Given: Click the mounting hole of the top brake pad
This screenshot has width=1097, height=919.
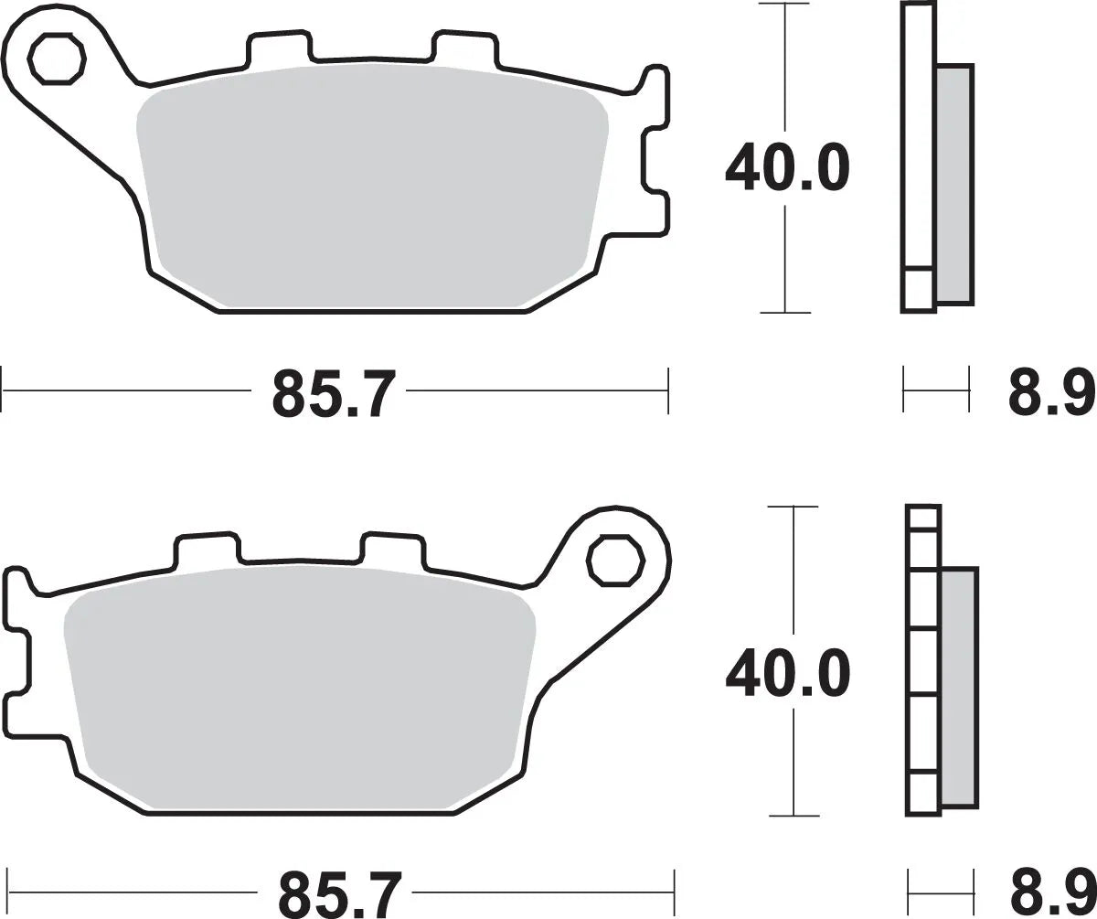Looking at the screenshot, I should point(57,59).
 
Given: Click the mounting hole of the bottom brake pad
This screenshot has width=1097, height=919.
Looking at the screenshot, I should point(615,561).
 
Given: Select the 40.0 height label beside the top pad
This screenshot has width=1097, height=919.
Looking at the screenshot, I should point(787,169).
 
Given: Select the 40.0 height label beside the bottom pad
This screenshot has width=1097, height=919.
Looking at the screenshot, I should point(787,676).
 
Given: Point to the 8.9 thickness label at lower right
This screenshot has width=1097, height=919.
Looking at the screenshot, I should point(1051,895).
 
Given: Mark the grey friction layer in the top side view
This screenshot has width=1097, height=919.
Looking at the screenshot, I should point(954,183).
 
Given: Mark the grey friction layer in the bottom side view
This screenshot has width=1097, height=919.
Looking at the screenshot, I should point(959,686).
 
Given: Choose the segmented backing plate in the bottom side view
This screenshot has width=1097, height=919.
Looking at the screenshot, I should point(923,658).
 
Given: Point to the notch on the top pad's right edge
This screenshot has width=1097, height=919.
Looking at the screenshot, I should point(655,161).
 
